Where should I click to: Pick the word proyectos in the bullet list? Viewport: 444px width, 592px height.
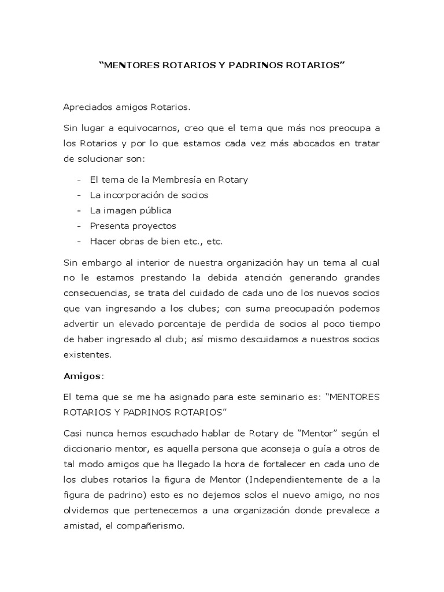153,226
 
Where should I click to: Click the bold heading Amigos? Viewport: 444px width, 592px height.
82,376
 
